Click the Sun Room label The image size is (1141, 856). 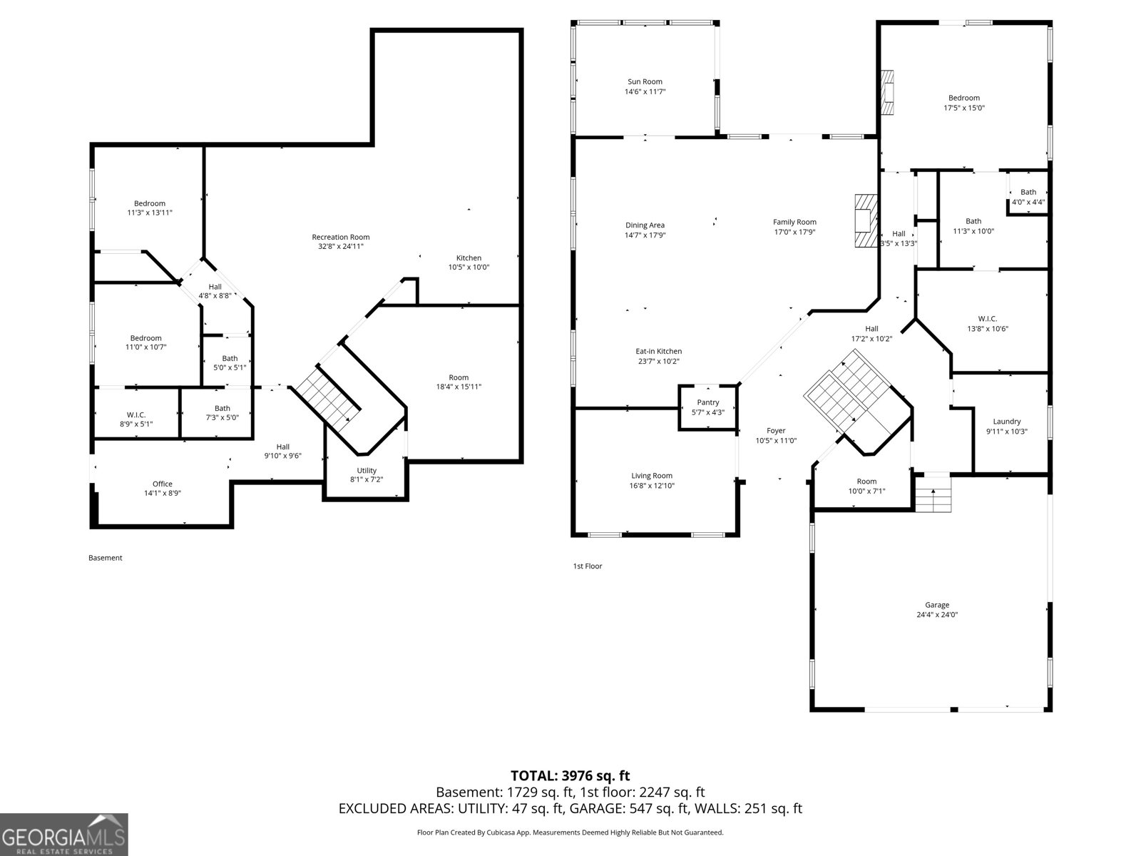645,81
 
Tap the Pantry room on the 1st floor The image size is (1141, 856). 708,407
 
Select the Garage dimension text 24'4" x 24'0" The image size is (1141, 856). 937,614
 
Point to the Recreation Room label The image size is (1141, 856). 340,237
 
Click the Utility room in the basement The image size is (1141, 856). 366,474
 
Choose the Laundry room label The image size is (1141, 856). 1006,422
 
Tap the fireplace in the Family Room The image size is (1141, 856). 866,221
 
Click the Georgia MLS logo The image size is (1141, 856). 64,835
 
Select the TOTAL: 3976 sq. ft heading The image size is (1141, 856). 570,776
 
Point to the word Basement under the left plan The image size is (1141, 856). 105,558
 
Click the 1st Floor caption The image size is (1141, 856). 588,566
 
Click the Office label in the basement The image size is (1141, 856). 162,484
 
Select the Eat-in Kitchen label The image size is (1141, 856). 659,352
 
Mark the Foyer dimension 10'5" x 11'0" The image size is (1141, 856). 776,441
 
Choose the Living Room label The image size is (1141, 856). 651,476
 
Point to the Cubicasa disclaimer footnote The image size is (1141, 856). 570,832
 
